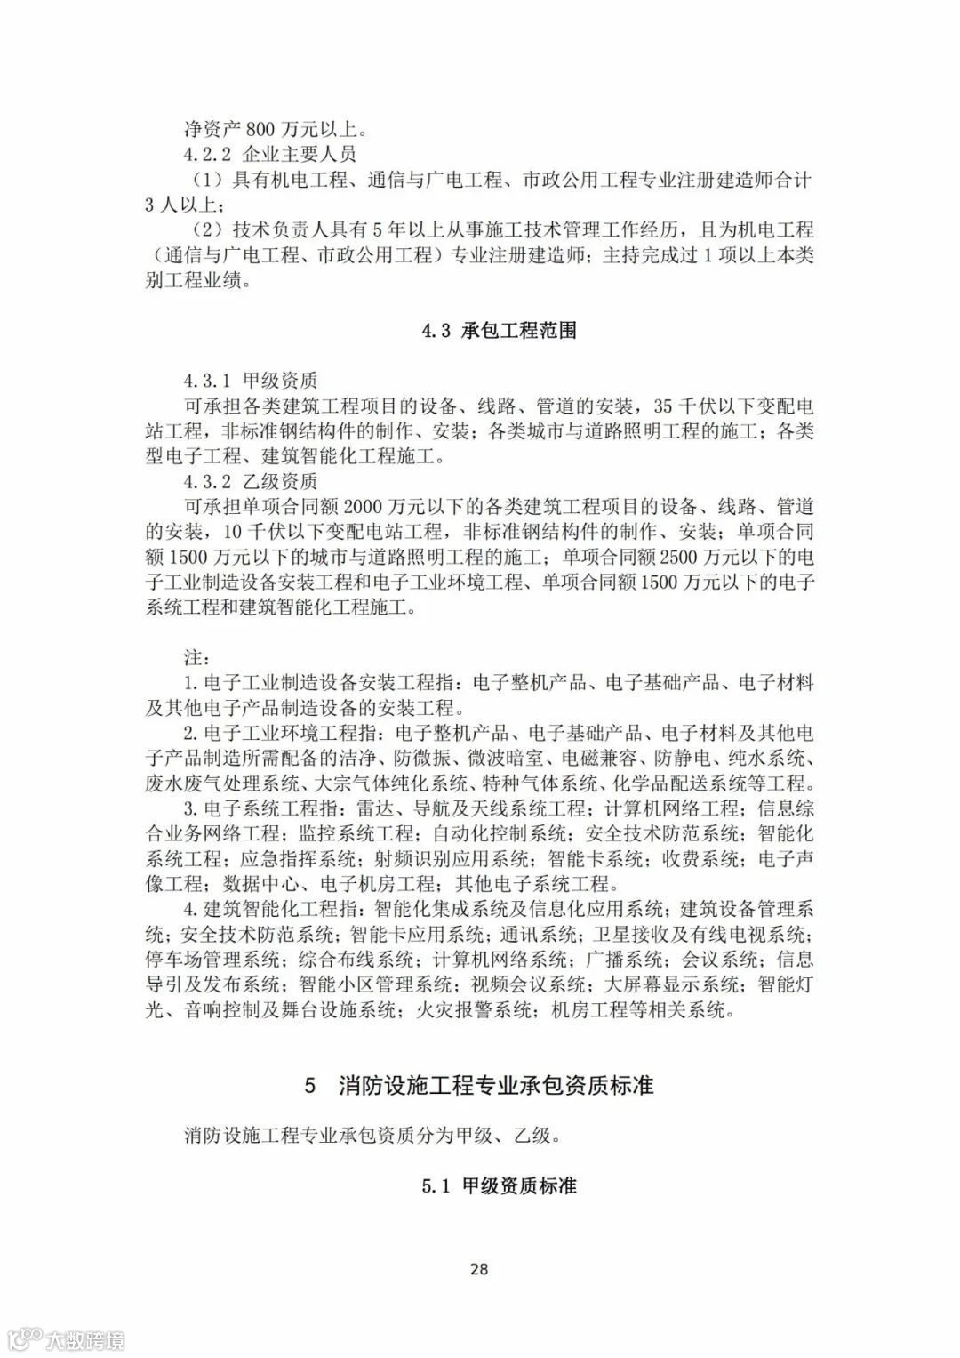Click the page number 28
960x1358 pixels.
[x=478, y=1269]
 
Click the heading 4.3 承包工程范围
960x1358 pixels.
[x=499, y=331]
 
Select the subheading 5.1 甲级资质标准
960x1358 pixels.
[x=500, y=1186]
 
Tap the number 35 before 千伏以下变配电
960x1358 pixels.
[x=664, y=407]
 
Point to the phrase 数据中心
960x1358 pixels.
[x=260, y=884]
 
